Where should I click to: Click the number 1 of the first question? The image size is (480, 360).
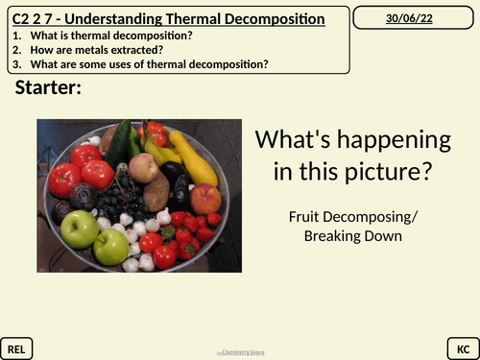click(17, 36)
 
